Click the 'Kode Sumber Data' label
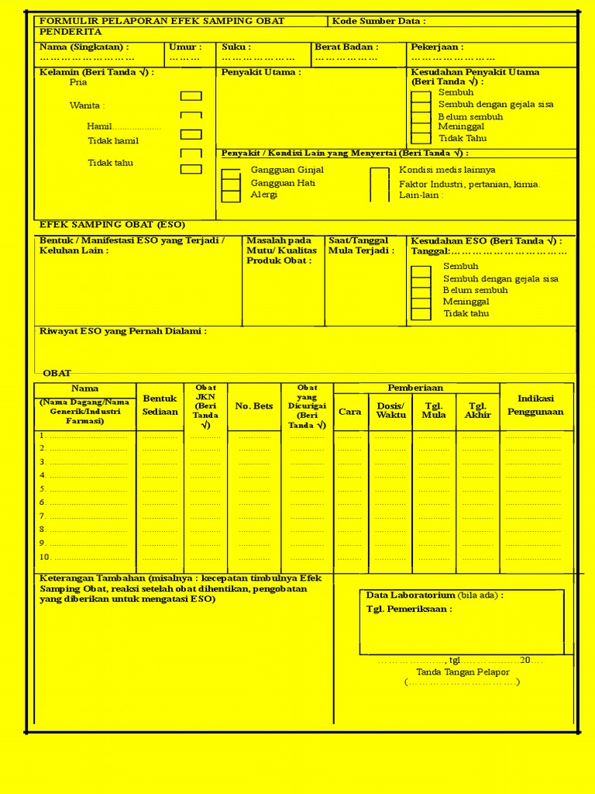point(379,21)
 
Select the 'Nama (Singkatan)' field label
point(84,47)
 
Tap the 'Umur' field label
point(185,47)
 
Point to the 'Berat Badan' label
point(346,47)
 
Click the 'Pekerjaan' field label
point(437,47)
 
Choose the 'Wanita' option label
point(87,105)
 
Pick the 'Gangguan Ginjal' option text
point(287,170)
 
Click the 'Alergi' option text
point(263,195)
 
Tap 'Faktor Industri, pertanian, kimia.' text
point(469,185)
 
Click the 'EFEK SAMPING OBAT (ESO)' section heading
point(112,225)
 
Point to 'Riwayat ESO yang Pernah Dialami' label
point(123,331)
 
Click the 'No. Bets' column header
point(254,406)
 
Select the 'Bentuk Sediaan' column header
point(160,406)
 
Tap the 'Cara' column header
point(350,412)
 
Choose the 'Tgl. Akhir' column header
point(477,410)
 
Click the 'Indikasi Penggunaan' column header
point(535,405)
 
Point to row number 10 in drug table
point(45,558)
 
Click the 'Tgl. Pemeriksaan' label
point(409,609)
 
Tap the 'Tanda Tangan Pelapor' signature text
point(463,672)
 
